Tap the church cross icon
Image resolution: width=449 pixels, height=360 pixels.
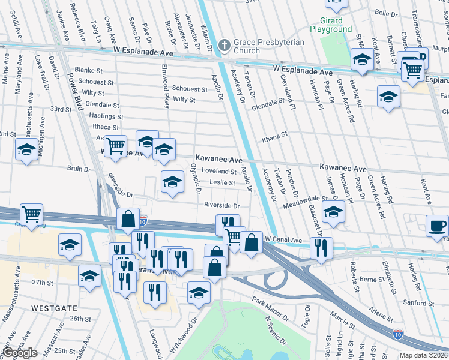(x=224, y=44)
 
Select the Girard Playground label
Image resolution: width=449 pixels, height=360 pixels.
(x=331, y=25)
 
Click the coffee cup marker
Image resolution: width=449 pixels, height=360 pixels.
(x=436, y=226)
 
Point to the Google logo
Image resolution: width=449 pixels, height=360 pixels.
(x=20, y=353)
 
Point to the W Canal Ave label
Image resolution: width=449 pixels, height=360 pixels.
(x=287, y=239)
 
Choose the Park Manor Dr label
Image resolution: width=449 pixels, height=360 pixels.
(x=270, y=308)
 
